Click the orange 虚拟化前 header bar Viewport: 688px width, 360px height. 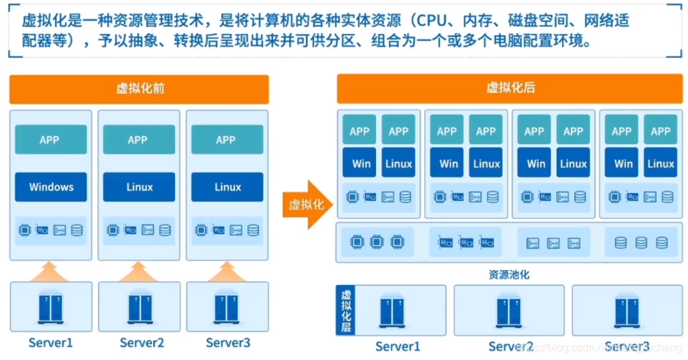pos(139,89)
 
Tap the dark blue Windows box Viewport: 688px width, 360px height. pos(51,187)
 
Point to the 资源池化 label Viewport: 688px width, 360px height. pos(509,275)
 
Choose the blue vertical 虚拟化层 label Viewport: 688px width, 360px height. pos(346,310)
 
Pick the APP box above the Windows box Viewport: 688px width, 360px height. pos(51,140)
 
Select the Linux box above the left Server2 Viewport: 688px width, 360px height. pos(139,187)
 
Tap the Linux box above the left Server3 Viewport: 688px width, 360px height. pos(227,187)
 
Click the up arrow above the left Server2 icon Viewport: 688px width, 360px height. pos(139,271)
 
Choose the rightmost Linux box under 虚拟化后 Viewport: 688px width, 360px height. pos(660,163)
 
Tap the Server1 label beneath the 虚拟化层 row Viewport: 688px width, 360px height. pos(398,346)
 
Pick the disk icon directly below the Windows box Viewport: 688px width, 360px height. pos(77,230)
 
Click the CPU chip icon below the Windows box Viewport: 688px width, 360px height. pos(25,230)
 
